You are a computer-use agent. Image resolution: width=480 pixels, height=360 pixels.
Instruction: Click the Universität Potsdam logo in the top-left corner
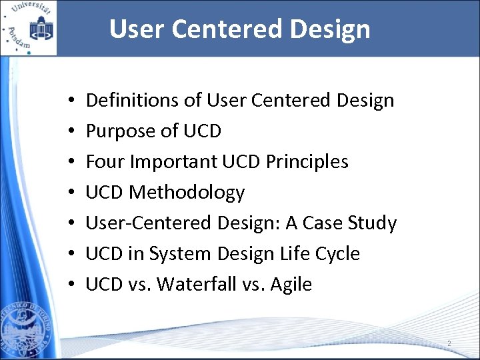28,28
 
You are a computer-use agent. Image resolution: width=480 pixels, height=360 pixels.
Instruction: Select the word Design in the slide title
333,29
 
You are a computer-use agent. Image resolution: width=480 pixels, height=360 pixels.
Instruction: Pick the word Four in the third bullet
105,162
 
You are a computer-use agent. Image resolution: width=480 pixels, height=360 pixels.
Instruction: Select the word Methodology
187,193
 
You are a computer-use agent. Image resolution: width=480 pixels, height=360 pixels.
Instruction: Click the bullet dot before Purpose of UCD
71,132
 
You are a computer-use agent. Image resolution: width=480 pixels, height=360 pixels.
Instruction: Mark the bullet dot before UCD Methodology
71,193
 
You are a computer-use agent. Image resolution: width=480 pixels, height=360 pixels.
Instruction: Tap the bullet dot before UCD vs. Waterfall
71,285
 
